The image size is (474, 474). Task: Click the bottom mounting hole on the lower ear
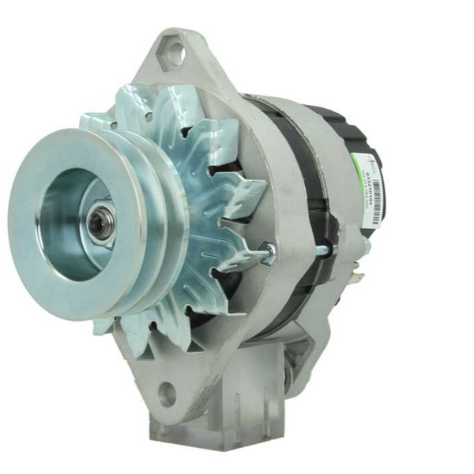coord(165,390)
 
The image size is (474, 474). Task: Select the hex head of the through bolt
coord(269,253)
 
